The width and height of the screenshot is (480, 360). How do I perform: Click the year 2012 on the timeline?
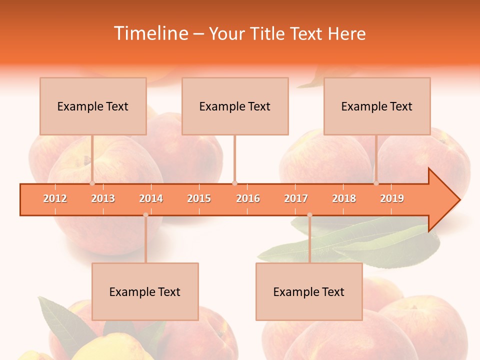(x=55, y=198)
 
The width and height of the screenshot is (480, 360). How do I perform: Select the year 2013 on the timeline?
(x=103, y=198)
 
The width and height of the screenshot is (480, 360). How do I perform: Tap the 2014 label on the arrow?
(x=151, y=198)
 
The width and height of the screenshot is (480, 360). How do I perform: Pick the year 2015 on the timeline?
(x=199, y=198)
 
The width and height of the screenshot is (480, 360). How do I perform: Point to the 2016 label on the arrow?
(x=248, y=198)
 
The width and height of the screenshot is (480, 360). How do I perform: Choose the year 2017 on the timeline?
(x=296, y=198)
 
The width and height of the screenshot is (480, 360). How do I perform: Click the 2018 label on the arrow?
(x=344, y=198)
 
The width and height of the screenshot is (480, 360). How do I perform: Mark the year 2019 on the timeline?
(x=392, y=198)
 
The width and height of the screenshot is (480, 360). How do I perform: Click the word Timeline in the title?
(x=150, y=33)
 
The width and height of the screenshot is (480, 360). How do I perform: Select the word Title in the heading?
(x=269, y=33)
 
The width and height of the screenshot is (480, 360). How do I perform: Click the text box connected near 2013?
(x=93, y=106)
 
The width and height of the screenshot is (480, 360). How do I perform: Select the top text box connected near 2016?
(x=235, y=106)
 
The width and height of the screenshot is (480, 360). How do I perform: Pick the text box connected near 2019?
(x=377, y=106)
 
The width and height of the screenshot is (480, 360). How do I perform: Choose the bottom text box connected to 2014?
(x=145, y=291)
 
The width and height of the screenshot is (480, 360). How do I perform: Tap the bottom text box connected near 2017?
(x=309, y=291)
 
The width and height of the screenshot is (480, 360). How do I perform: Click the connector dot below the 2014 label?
(x=145, y=215)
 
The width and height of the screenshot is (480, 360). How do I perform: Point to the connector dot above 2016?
(x=234, y=183)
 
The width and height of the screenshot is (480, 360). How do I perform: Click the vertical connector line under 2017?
(x=309, y=240)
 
